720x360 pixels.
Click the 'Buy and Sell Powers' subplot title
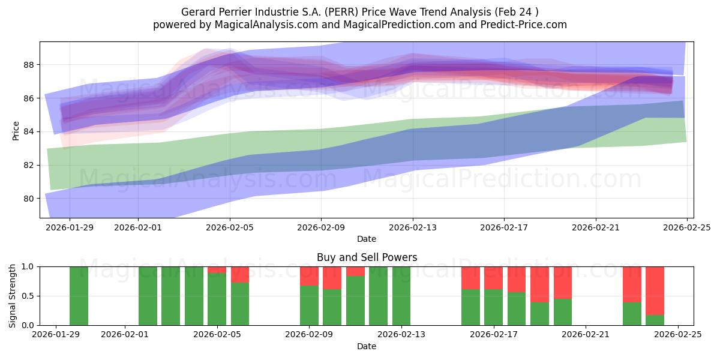[x=367, y=257]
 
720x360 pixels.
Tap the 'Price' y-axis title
[x=16, y=131]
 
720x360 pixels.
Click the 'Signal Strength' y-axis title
[x=13, y=296]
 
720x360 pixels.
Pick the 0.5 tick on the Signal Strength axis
[x=28, y=296]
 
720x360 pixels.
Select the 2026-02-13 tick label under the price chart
[x=413, y=227]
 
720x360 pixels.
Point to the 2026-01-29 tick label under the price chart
[x=70, y=227]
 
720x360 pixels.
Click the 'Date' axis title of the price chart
[x=367, y=239]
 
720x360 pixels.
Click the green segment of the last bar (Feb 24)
[x=655, y=320]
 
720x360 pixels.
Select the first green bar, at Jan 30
[x=79, y=296]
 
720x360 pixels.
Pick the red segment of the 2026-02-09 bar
[x=309, y=276]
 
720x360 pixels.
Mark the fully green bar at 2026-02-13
[x=401, y=296]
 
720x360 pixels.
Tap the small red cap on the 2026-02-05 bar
[x=217, y=269]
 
